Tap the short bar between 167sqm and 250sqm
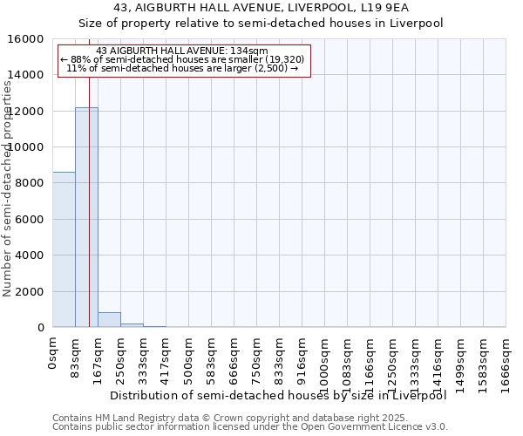pyautogui.click(x=109, y=319)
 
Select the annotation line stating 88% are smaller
pyautogui.click(x=182, y=59)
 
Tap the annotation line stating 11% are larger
pyautogui.click(x=182, y=68)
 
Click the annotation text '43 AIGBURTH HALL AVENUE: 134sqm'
pyautogui.click(x=182, y=51)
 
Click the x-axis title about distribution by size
pyautogui.click(x=279, y=396)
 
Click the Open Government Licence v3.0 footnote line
pyautogui.click(x=250, y=427)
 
